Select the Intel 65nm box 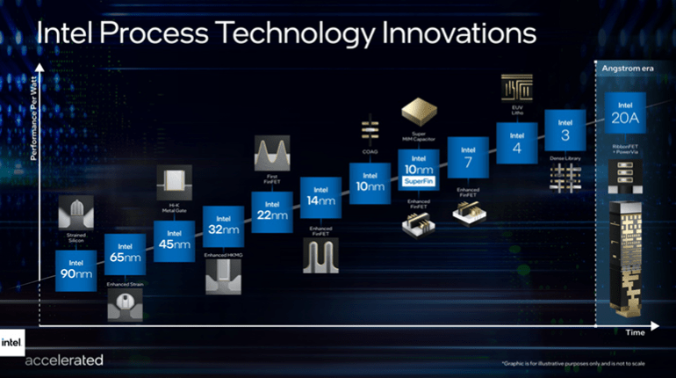(125, 254)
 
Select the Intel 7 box (467, 157)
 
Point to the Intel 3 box (565, 129)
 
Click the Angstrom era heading (624, 69)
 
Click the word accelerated (64, 359)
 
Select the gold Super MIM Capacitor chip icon (418, 112)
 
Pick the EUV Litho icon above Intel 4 (514, 87)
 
